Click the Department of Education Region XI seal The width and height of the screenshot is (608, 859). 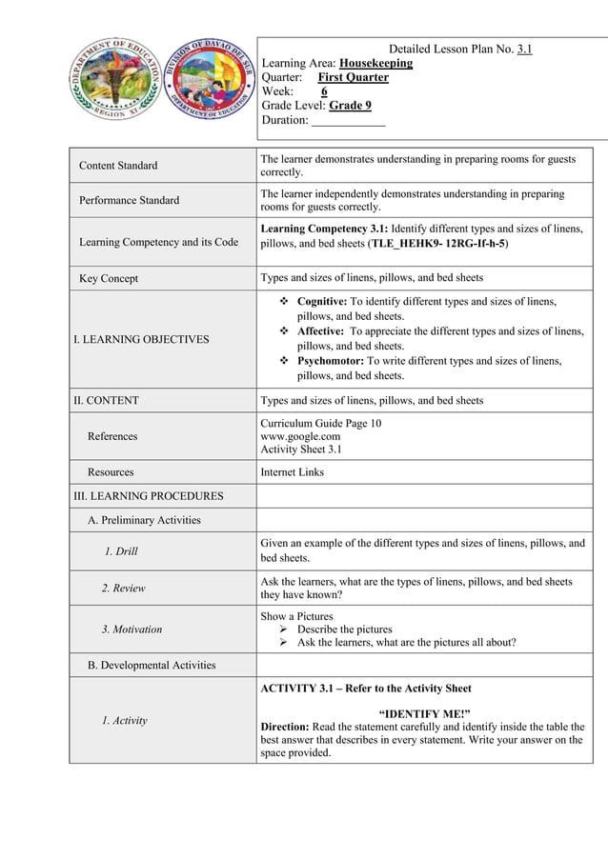tap(113, 79)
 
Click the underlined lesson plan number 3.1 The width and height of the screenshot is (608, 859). tap(524, 49)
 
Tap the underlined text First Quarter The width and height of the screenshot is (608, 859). tap(353, 77)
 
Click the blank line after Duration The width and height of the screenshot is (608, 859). tap(348, 121)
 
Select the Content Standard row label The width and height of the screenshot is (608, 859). tap(118, 166)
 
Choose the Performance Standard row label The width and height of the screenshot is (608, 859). tap(129, 200)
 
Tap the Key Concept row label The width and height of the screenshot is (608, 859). tap(109, 278)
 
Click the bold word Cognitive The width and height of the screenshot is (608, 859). tap(329, 302)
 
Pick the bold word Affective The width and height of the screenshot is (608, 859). tap(327, 331)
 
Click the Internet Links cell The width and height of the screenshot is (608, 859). tap(292, 471)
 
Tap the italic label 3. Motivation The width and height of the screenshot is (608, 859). tap(132, 629)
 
